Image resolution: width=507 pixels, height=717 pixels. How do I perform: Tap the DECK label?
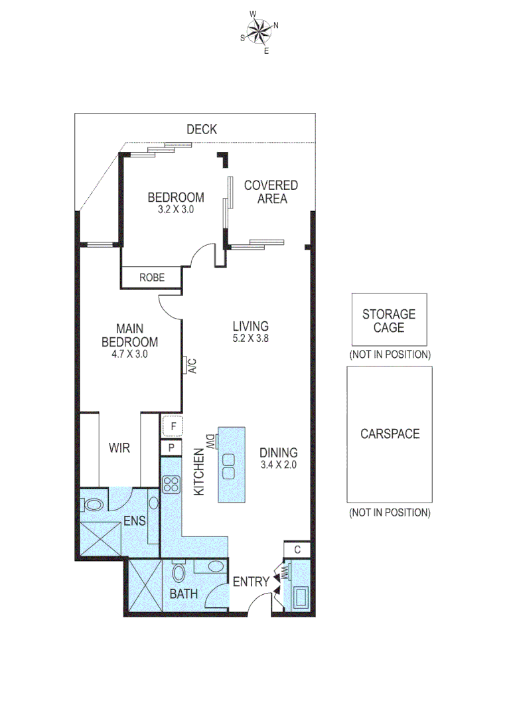(x=201, y=129)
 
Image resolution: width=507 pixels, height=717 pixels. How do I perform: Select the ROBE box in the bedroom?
(x=151, y=278)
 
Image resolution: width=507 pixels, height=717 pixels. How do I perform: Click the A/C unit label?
(x=190, y=366)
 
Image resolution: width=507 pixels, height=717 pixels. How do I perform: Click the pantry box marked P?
(x=171, y=448)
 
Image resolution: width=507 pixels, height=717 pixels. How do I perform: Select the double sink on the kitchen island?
(x=230, y=466)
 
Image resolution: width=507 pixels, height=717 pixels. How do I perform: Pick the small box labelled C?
(x=298, y=549)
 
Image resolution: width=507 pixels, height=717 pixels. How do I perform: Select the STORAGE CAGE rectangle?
(x=389, y=319)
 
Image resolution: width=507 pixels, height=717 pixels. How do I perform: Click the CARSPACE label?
(x=390, y=434)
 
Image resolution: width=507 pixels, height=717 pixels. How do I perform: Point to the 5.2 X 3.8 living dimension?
(x=250, y=337)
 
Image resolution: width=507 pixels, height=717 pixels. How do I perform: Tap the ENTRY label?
(x=251, y=582)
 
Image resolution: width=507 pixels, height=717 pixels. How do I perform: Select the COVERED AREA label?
(x=271, y=192)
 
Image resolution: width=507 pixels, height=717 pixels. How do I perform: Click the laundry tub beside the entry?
(x=301, y=596)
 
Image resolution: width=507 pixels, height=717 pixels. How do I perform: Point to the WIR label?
(x=119, y=448)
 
